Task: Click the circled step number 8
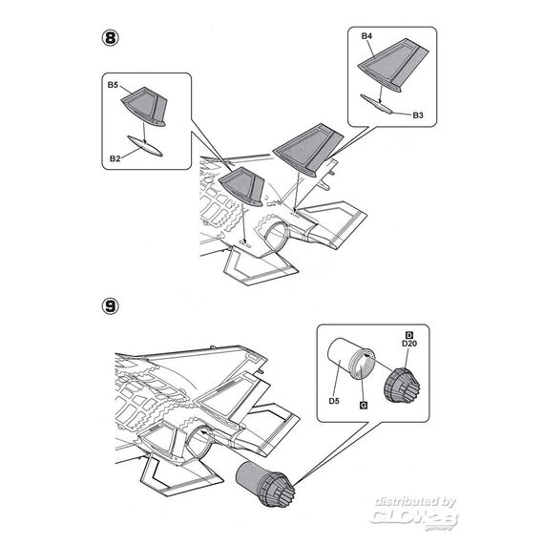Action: [x=111, y=38]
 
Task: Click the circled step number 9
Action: [x=111, y=306]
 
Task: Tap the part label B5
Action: [x=113, y=85]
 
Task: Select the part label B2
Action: [x=115, y=158]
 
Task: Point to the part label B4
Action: [x=366, y=36]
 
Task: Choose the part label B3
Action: [x=418, y=115]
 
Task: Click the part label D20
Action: [x=409, y=344]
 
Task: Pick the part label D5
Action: [x=334, y=401]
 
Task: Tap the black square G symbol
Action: [x=364, y=406]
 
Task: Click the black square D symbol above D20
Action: [x=409, y=335]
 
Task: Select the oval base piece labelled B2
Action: [x=145, y=146]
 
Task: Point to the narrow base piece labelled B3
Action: [x=376, y=104]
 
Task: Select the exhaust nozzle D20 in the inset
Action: [x=403, y=386]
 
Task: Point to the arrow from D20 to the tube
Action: [x=381, y=363]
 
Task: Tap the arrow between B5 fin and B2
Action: [x=144, y=133]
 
